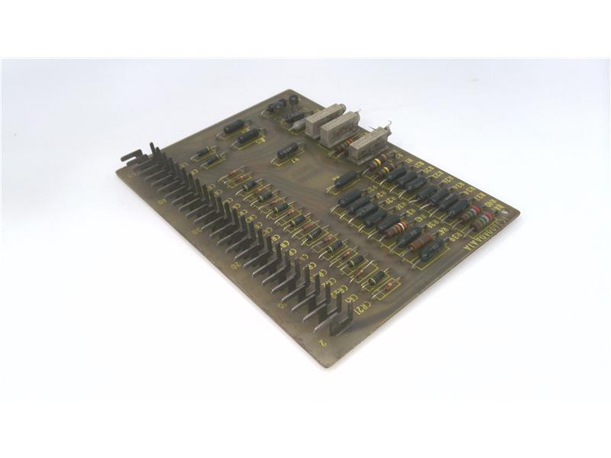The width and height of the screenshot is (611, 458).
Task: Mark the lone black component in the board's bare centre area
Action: coord(286,150)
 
